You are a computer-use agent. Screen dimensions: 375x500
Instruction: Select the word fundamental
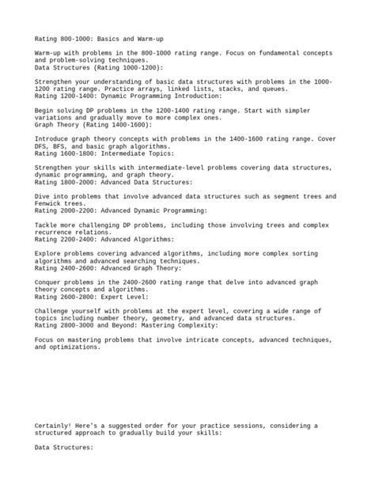pos(263,52)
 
